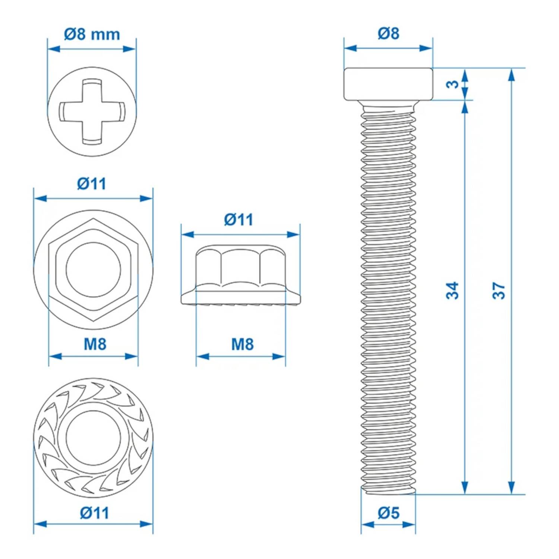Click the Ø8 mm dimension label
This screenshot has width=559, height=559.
point(92,34)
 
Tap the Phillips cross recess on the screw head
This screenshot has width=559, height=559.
point(92,111)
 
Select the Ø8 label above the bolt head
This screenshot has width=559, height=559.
point(388,34)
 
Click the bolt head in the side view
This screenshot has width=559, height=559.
point(388,84)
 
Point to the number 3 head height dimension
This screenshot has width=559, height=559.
point(452,84)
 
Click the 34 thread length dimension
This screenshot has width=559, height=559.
point(452,291)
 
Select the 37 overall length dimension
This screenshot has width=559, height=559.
point(499,291)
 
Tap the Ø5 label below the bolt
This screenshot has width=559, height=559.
point(388,513)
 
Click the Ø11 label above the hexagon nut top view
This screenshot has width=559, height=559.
point(92,184)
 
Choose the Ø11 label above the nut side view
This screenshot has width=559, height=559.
point(239,220)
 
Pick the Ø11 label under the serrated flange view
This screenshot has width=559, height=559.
point(94,513)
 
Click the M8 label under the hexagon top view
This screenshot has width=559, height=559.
point(95,344)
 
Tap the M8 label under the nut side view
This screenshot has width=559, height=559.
point(242,344)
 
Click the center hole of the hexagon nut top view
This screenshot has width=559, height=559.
point(93,269)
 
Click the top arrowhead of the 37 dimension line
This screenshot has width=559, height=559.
point(512,75)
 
